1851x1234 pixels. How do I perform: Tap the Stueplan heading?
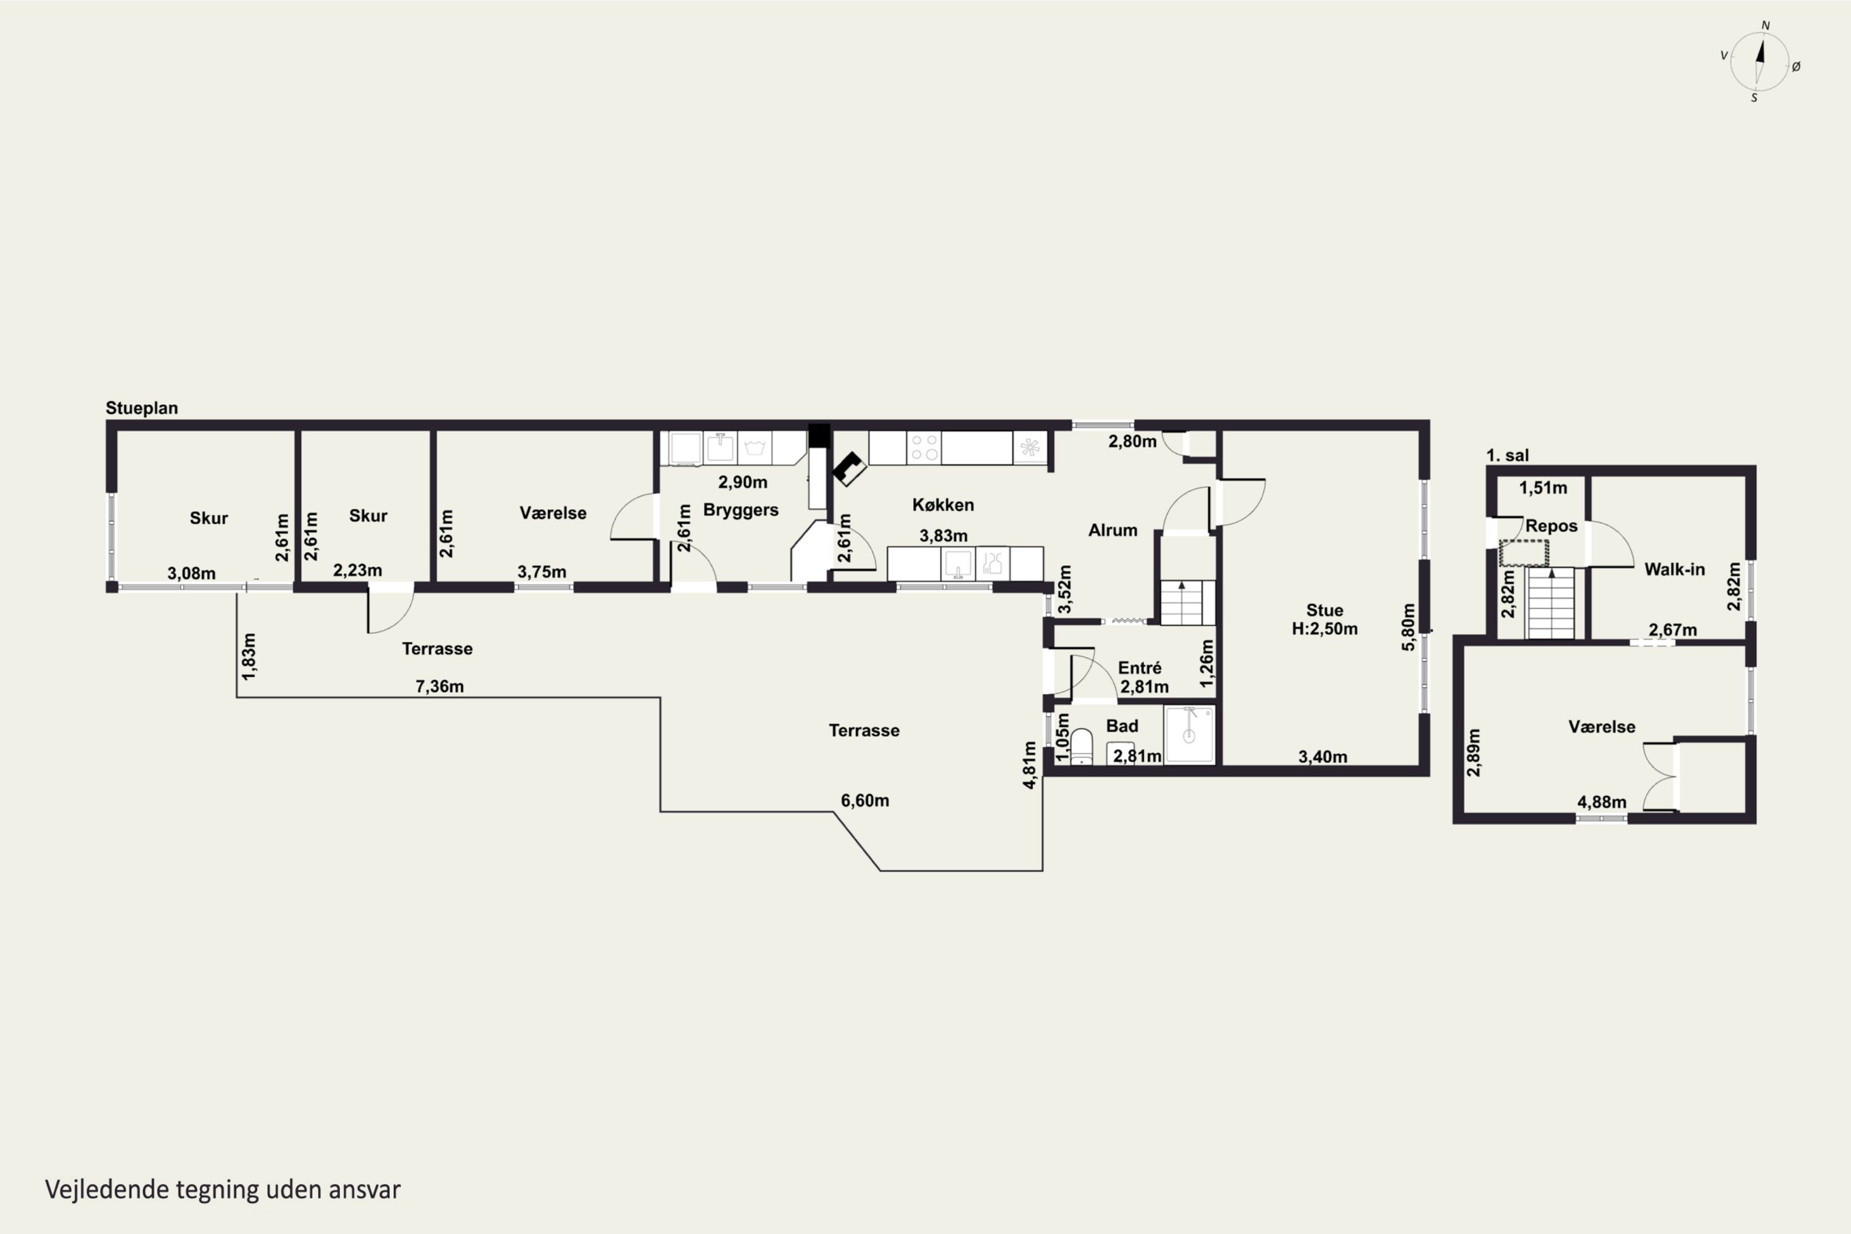click(142, 408)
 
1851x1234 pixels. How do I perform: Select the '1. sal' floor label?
click(1507, 455)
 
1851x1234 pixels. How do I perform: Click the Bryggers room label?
click(740, 510)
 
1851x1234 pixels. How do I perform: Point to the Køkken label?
click(943, 505)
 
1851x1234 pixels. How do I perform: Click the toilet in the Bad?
click(1082, 746)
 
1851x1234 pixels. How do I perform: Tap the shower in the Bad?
click(1189, 734)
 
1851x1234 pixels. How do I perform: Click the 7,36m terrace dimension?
click(439, 686)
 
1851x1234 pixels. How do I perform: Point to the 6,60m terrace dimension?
click(865, 800)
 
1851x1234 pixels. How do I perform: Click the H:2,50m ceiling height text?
click(1325, 629)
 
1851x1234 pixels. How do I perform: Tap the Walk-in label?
click(1675, 569)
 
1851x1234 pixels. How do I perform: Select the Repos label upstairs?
click(1551, 526)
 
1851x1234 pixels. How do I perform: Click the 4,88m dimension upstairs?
click(1602, 802)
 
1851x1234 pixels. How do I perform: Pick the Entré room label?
click(1140, 668)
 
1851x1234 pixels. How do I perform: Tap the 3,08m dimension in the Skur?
click(191, 573)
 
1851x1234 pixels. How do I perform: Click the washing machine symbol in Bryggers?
click(755, 448)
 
